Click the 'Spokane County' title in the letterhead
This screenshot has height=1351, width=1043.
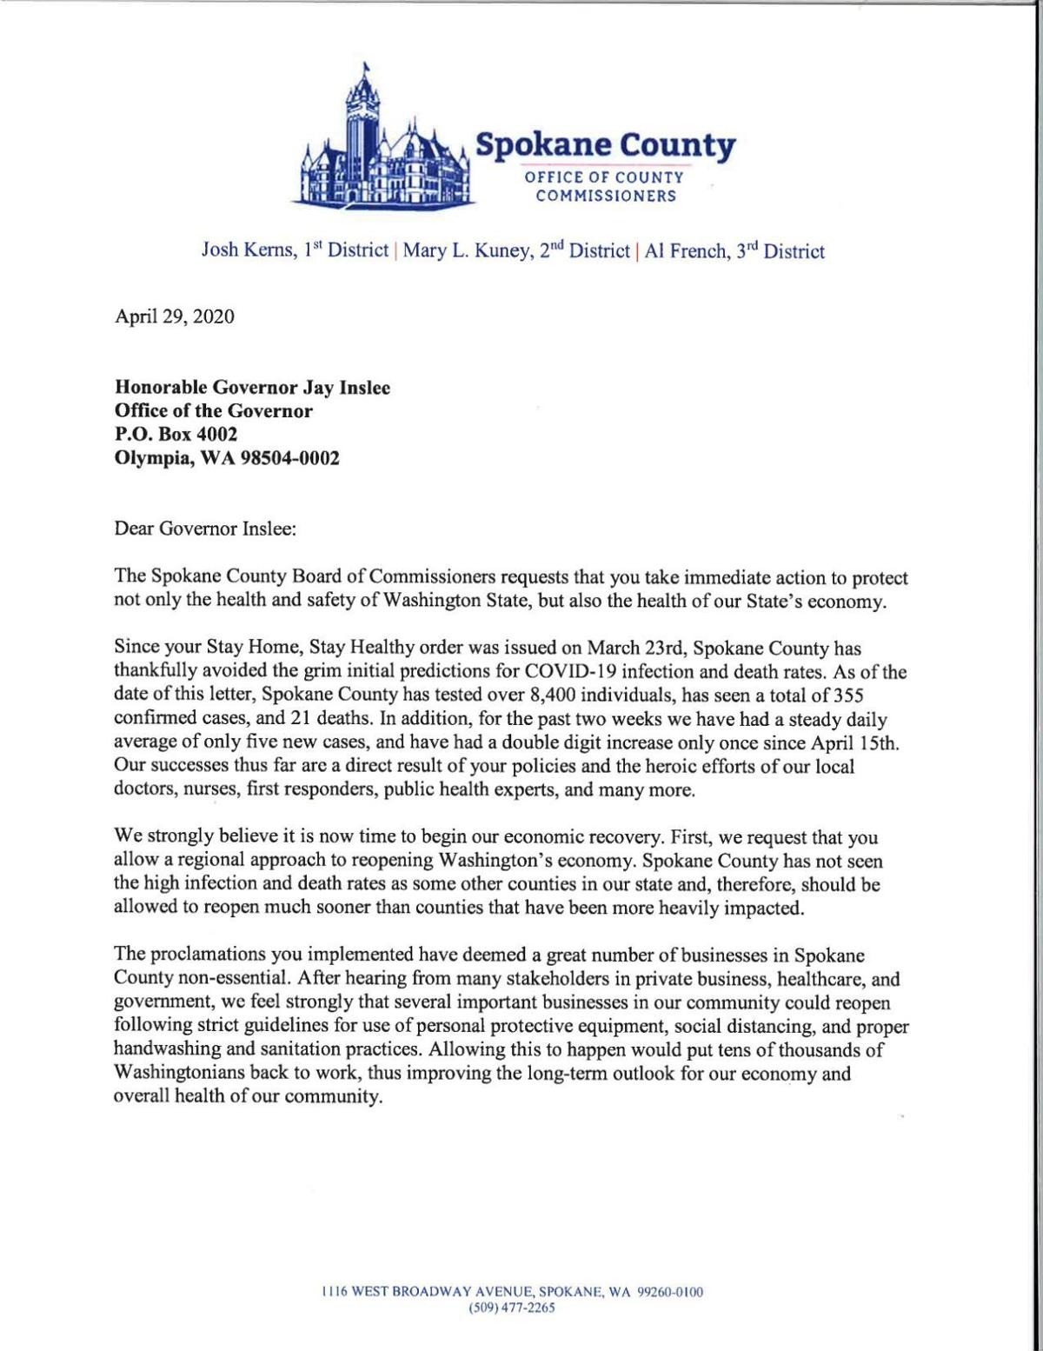[605, 145]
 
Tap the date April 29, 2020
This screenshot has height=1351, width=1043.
[174, 316]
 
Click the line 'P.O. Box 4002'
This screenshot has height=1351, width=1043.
[176, 434]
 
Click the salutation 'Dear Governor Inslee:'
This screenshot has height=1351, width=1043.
[205, 528]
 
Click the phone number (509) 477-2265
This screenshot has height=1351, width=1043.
[511, 1308]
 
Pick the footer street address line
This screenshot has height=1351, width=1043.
[511, 1292]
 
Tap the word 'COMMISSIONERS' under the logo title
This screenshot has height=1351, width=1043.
[605, 196]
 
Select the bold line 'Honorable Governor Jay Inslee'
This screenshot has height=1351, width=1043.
[252, 388]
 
